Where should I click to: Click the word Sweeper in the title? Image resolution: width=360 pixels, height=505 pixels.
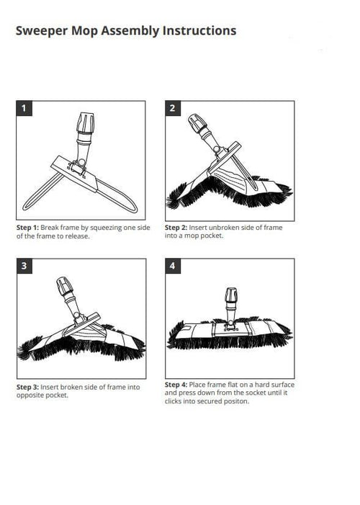[x=42, y=31]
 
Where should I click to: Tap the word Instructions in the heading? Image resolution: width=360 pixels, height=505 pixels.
[x=199, y=31]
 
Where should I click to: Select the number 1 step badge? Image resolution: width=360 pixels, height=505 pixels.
[x=24, y=108]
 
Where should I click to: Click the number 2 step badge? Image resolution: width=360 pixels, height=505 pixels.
[x=173, y=108]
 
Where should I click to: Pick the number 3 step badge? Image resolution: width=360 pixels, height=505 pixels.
[x=24, y=266]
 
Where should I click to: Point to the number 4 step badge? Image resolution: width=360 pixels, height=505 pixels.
[x=173, y=266]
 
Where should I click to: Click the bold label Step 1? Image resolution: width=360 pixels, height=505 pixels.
[x=27, y=228]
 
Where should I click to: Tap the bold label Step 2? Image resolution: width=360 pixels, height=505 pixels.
[x=176, y=228]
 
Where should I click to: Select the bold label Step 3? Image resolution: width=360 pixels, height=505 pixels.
[x=27, y=387]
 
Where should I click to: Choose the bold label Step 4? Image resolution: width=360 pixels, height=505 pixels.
[x=176, y=385]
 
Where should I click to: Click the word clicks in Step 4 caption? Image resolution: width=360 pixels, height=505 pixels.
[x=174, y=401]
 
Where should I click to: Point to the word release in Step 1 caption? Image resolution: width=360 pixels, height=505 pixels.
[x=77, y=236]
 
